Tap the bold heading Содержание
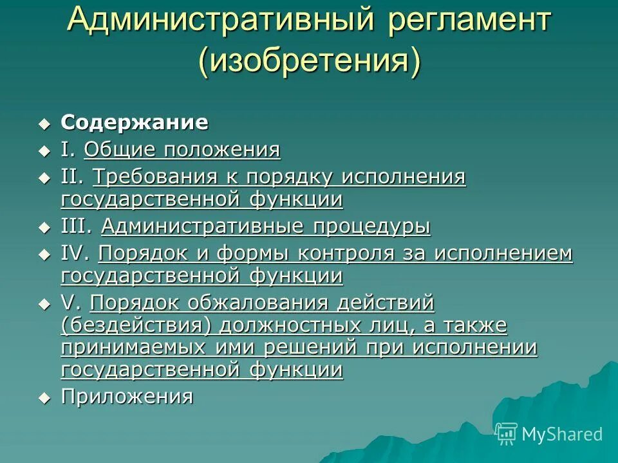point(135,122)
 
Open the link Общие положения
point(182,150)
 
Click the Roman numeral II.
point(73,176)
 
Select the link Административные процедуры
point(266,226)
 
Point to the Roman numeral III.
point(77,226)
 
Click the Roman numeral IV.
point(75,253)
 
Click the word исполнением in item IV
point(503,253)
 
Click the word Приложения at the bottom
point(127,397)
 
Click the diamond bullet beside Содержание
point(44,123)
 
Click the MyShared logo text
point(561,434)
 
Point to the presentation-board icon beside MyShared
point(507,433)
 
